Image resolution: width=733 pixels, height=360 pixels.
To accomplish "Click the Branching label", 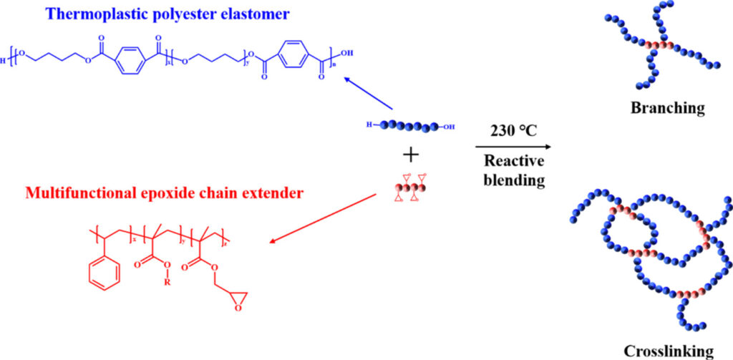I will click(x=667, y=108).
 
